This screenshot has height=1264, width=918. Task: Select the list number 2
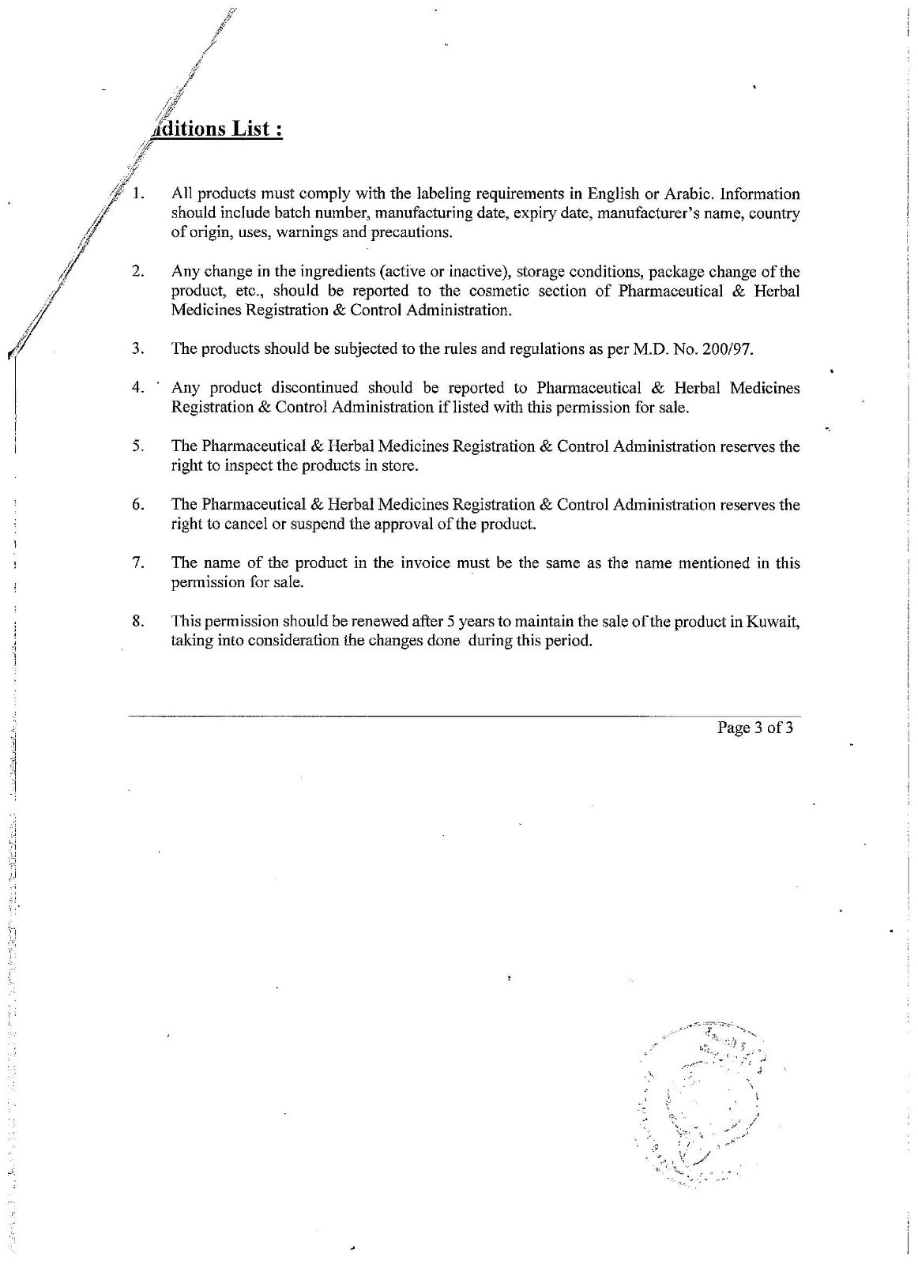click(x=138, y=272)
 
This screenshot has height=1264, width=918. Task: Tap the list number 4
click(x=138, y=388)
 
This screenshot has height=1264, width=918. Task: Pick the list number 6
click(x=138, y=505)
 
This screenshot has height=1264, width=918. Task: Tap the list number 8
click(x=138, y=621)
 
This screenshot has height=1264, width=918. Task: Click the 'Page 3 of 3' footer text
click(x=754, y=728)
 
